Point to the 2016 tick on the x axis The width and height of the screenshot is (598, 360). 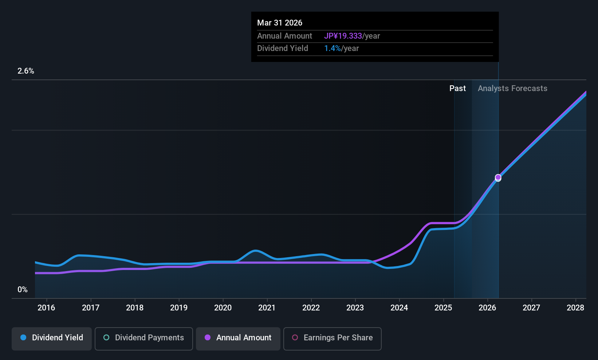46,308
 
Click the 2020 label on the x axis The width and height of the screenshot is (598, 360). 223,308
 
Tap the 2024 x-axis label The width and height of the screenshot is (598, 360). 399,308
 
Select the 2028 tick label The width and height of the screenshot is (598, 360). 575,308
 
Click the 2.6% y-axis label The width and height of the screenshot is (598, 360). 26,71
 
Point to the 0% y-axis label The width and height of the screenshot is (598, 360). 23,290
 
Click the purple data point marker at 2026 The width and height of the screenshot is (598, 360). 498,177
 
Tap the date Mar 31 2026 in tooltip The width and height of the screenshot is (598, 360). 280,23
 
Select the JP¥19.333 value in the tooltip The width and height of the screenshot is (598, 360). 343,36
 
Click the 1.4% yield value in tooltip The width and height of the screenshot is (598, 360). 333,48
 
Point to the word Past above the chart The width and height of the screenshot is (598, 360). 457,89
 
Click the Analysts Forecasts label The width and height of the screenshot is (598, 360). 512,89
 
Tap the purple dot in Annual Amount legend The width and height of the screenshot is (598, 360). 208,338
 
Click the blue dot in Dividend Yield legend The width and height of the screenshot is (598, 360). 23,338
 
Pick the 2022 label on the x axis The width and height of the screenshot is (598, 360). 311,308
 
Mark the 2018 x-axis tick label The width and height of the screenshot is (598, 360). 135,308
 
